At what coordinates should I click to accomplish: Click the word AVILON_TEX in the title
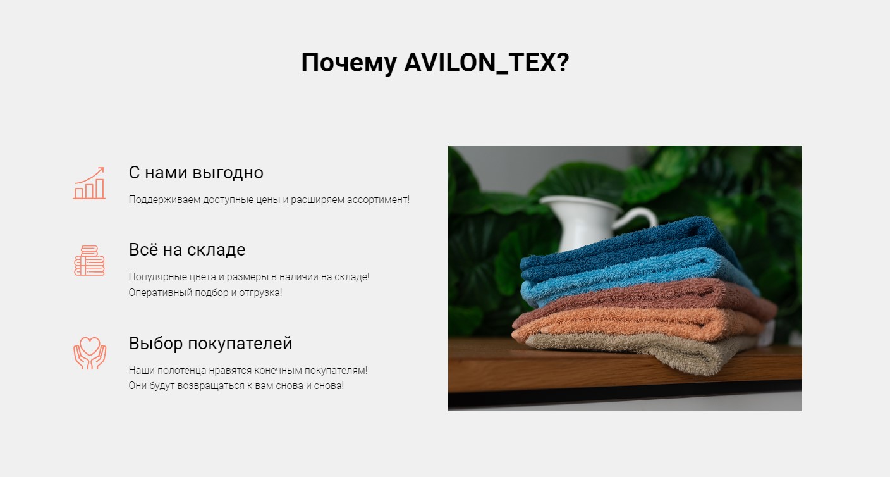[x=487, y=63]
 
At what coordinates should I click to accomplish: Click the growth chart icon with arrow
[x=89, y=183]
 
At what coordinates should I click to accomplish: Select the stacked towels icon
[x=89, y=261]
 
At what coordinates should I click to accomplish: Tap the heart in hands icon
[x=90, y=354]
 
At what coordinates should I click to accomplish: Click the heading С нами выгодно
[x=196, y=173]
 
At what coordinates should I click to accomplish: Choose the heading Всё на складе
[x=187, y=250]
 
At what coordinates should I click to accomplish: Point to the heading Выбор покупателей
[x=210, y=344]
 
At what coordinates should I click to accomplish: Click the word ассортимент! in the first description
[x=378, y=199]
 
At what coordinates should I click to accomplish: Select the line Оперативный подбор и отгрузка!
[x=205, y=292]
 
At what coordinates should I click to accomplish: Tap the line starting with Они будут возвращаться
[x=236, y=385]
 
